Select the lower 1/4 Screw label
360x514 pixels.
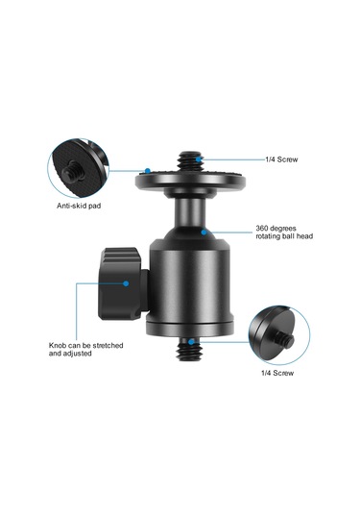click(277, 374)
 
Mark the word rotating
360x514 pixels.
click(272, 237)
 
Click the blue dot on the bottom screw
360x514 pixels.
click(192, 341)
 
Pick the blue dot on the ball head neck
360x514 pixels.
click(204, 231)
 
